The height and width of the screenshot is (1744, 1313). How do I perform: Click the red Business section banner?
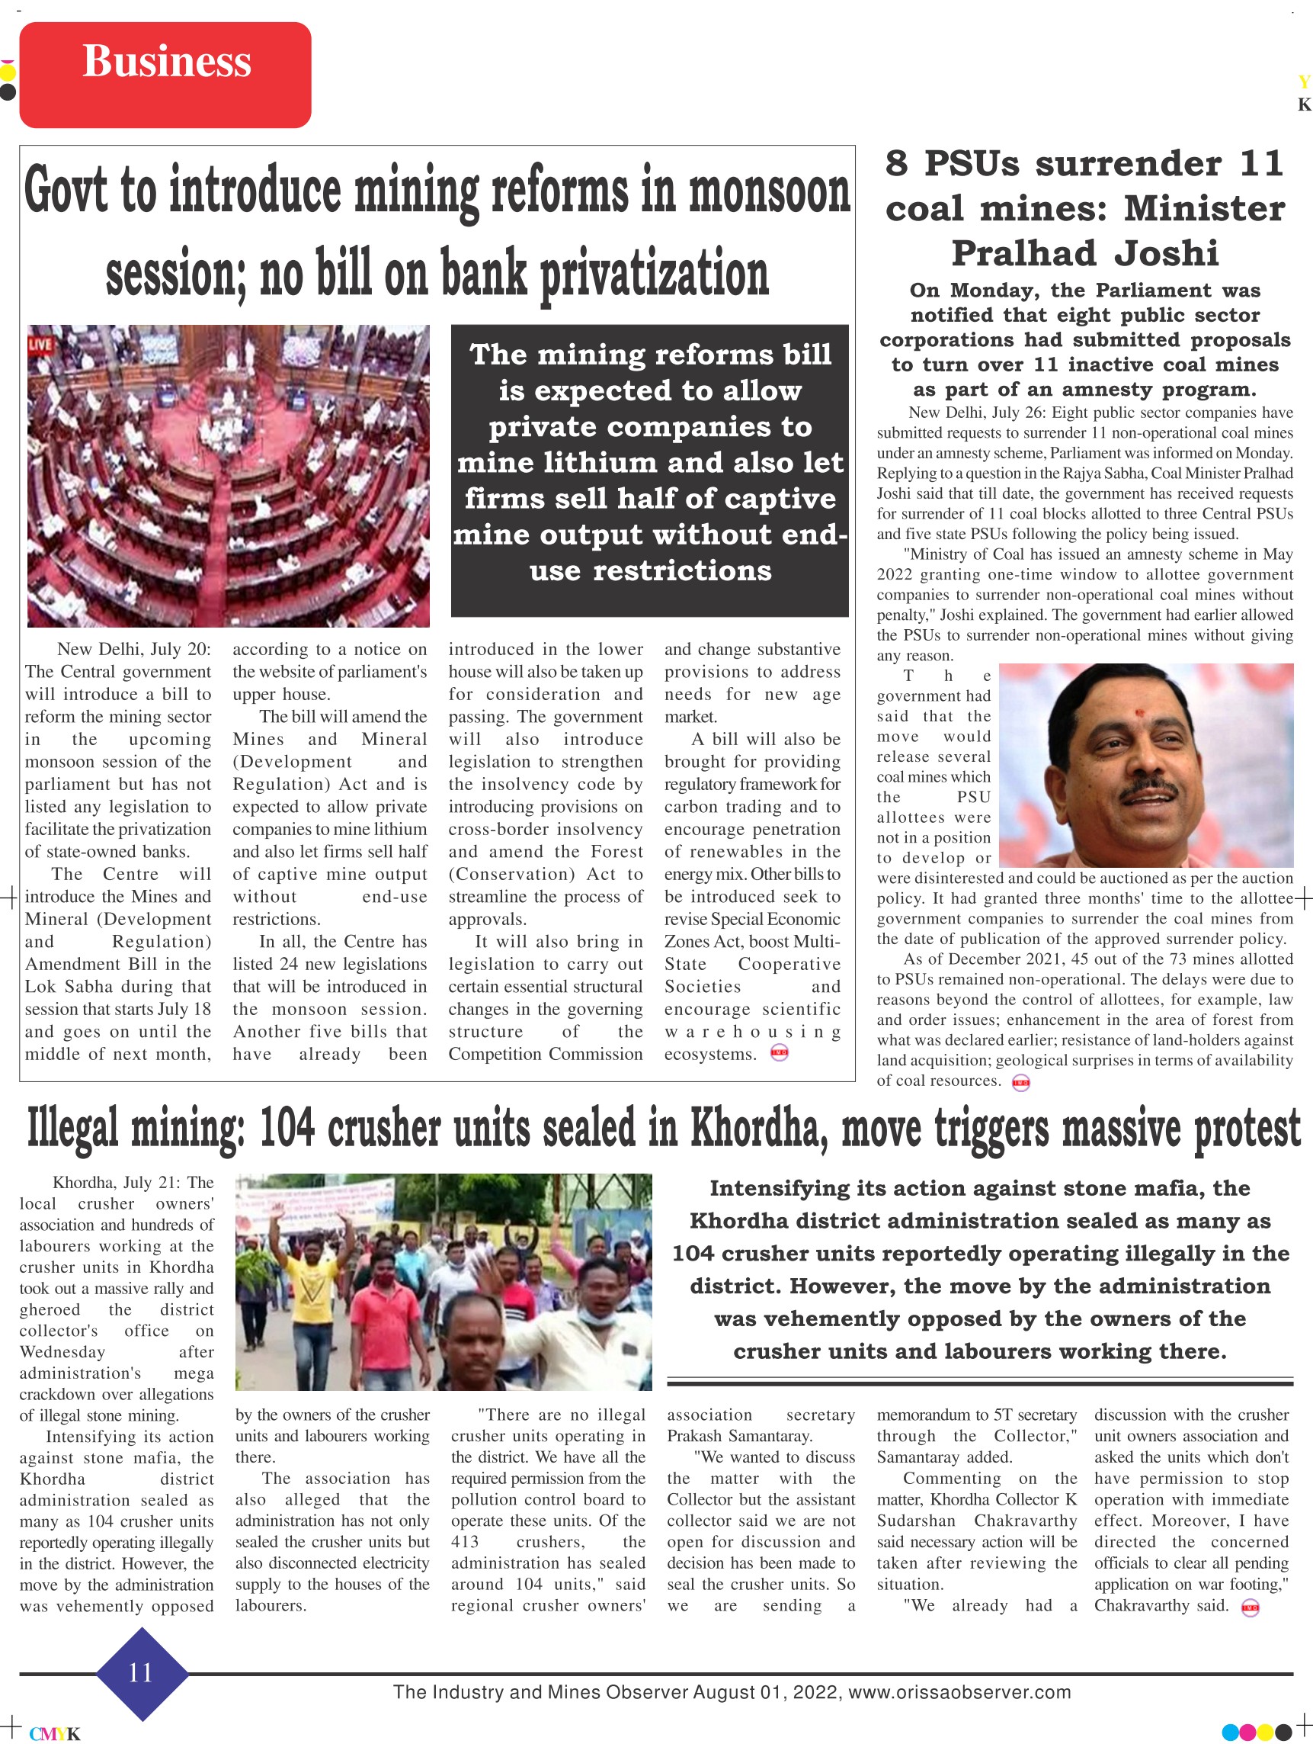click(165, 75)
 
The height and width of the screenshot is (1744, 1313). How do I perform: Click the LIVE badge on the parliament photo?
click(40, 345)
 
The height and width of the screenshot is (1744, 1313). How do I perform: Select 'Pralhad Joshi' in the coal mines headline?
click(1084, 254)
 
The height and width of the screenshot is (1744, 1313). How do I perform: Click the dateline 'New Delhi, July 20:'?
click(134, 649)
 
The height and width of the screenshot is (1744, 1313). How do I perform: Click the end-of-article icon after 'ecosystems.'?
click(779, 1053)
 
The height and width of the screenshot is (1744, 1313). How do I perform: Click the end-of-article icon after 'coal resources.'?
click(1020, 1083)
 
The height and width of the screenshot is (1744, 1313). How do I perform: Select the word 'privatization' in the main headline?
click(653, 275)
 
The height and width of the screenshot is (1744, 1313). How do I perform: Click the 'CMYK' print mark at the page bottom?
click(54, 1734)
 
